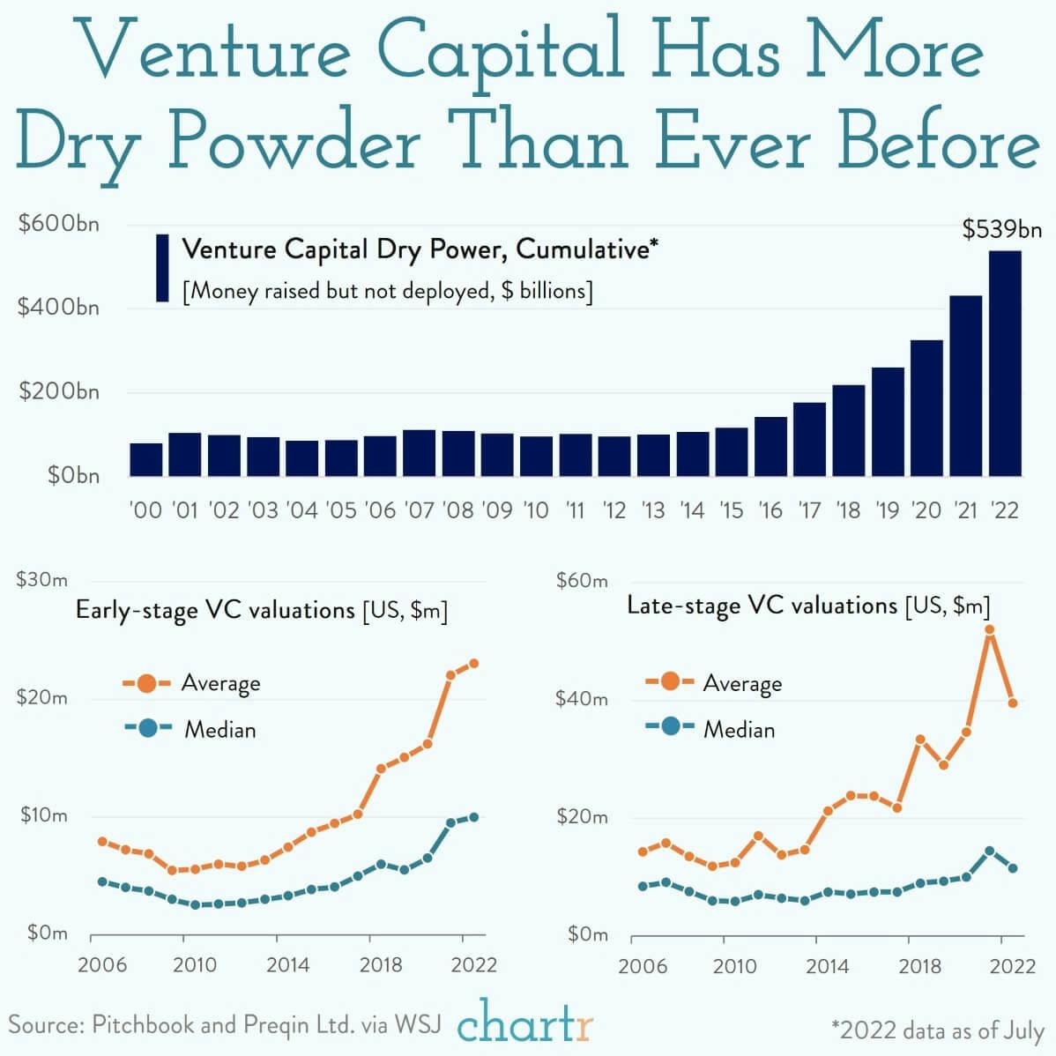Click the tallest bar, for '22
(x=1005, y=363)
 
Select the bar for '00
(x=146, y=459)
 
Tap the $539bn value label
(x=1002, y=230)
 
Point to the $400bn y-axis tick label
(x=59, y=308)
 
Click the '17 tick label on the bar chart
(x=809, y=509)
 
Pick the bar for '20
(x=926, y=407)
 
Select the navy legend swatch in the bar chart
(x=162, y=268)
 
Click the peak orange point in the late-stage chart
(x=990, y=629)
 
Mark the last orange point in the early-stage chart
(x=473, y=663)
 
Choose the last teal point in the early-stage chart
(x=473, y=817)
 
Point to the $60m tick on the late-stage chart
(x=582, y=580)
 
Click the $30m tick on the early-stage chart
(x=41, y=579)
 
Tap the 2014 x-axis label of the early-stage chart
(x=287, y=964)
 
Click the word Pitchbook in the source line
(x=144, y=1025)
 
